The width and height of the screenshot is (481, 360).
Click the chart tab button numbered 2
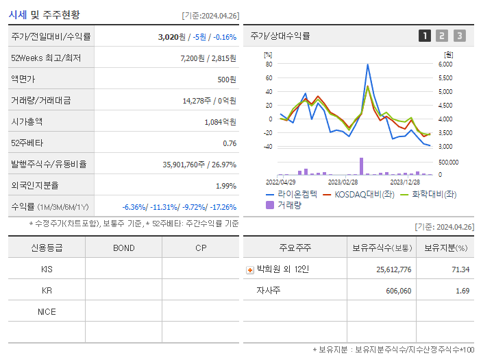[442, 36]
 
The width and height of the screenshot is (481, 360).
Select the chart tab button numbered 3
[459, 36]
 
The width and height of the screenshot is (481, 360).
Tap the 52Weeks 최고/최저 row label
[47, 58]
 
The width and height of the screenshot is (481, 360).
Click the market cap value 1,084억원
[220, 122]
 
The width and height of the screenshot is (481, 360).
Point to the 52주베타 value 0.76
[230, 143]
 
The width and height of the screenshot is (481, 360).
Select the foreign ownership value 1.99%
[225, 186]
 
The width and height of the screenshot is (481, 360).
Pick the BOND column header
[123, 248]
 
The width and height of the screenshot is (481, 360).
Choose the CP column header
[200, 248]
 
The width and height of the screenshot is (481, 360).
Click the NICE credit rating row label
[47, 311]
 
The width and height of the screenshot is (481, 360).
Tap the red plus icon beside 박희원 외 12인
[249, 269]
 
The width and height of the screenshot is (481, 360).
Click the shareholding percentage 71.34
[461, 269]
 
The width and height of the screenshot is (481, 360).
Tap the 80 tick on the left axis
[269, 64]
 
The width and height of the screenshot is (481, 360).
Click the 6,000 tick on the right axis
[445, 64]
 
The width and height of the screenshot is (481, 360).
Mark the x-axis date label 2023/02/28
[343, 182]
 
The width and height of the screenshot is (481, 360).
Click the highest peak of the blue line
[368, 64]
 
